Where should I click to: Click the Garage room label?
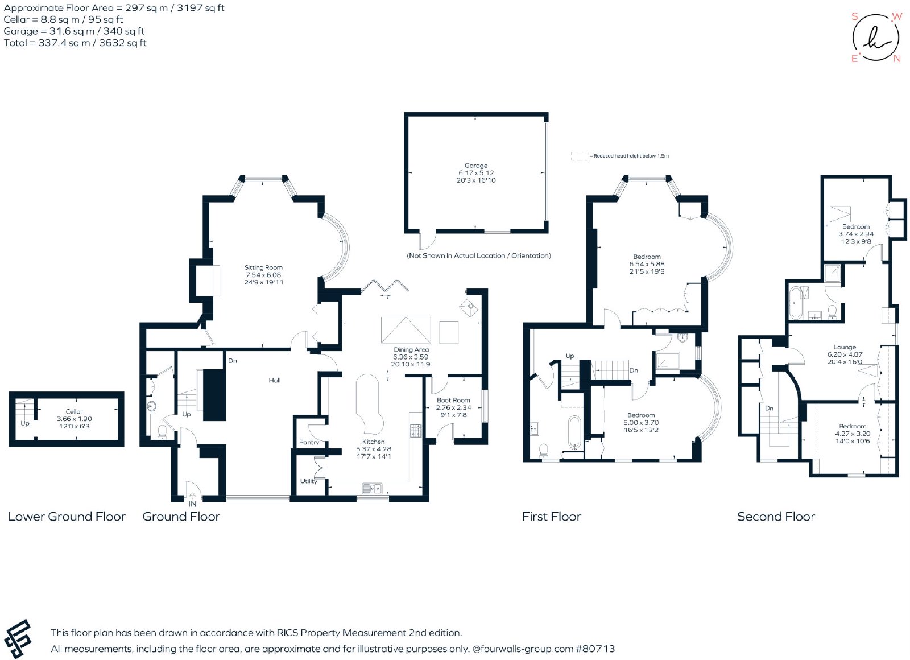point(475,166)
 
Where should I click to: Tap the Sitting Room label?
point(263,267)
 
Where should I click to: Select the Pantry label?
point(309,442)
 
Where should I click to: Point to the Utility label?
point(308,481)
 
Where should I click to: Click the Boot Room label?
point(453,401)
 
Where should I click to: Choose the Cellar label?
point(74,411)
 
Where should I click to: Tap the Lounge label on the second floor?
point(845,347)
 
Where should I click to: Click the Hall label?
point(275,381)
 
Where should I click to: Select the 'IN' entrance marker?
point(192,504)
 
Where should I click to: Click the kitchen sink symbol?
point(372,488)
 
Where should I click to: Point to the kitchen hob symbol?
point(416,430)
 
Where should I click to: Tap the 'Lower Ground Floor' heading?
point(67,517)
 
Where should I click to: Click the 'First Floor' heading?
point(552,517)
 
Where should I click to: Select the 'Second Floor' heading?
point(776,517)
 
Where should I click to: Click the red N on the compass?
point(897,59)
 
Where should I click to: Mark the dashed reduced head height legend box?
point(580,156)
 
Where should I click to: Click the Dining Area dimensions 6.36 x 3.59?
point(411,357)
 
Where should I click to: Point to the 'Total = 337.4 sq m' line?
point(75,43)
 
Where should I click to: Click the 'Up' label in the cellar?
point(25,423)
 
